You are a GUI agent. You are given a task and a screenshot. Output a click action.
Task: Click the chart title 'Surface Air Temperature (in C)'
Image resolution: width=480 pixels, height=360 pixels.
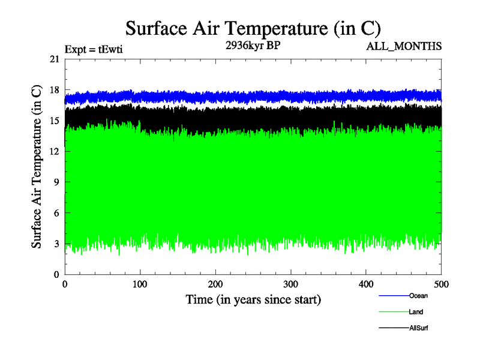(x=253, y=28)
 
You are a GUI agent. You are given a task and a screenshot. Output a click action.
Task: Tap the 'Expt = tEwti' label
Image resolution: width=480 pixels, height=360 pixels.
(x=94, y=50)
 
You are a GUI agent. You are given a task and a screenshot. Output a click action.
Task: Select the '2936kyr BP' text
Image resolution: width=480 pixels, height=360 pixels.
(x=253, y=45)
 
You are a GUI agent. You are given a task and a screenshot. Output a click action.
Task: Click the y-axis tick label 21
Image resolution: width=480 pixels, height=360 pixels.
(x=55, y=59)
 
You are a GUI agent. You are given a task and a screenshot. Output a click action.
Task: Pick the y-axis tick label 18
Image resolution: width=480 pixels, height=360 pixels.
(x=55, y=90)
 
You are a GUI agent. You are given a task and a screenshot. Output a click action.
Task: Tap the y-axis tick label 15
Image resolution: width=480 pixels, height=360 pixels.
(x=55, y=121)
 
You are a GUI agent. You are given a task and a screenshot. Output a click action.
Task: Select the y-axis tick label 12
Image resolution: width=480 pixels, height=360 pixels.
(x=55, y=151)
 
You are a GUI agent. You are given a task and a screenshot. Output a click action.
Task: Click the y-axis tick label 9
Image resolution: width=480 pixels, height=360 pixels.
(x=57, y=182)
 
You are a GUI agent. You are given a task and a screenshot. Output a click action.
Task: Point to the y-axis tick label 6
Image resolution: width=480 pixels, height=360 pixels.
(x=57, y=212)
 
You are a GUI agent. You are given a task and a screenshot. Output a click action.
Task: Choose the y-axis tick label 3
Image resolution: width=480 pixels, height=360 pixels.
(x=57, y=244)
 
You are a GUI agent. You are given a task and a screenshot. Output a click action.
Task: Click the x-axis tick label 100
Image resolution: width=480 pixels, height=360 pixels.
(x=140, y=284)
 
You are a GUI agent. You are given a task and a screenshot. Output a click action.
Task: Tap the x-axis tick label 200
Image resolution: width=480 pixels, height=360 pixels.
(x=215, y=284)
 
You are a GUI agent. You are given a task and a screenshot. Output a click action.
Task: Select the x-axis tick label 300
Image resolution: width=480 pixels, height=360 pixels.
(x=291, y=284)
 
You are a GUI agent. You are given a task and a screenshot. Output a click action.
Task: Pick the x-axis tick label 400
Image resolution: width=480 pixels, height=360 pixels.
(x=366, y=284)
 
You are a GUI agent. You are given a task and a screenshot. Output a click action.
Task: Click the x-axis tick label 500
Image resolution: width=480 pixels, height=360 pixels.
(x=441, y=284)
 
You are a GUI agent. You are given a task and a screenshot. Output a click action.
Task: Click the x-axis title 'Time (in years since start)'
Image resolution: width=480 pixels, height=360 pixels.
(x=253, y=299)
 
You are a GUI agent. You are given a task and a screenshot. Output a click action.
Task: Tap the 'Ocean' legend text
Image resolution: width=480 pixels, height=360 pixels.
(x=418, y=296)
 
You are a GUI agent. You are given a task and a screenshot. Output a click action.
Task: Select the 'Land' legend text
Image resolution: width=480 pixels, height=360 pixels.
(x=416, y=312)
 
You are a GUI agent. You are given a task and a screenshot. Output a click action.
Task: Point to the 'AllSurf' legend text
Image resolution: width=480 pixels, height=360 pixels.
(x=419, y=328)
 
